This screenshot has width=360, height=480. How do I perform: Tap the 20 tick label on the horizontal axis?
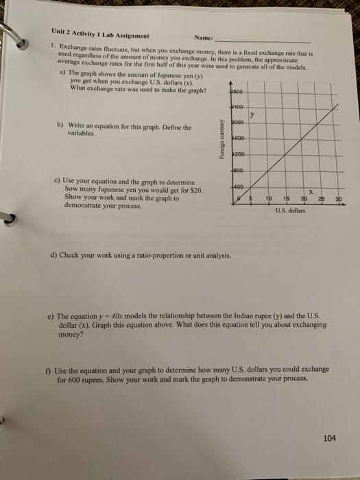pyautogui.click(x=302, y=198)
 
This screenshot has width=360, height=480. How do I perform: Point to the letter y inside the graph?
pyautogui.click(x=252, y=115)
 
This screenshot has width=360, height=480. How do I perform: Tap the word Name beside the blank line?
pyautogui.click(x=204, y=38)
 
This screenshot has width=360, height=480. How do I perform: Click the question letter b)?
pyautogui.click(x=60, y=125)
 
